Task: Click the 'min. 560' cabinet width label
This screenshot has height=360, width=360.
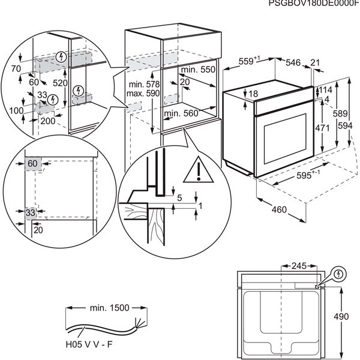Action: coord(181,113)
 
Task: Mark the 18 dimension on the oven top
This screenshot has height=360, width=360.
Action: coord(254,94)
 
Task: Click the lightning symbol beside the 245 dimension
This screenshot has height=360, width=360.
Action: coord(340,274)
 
